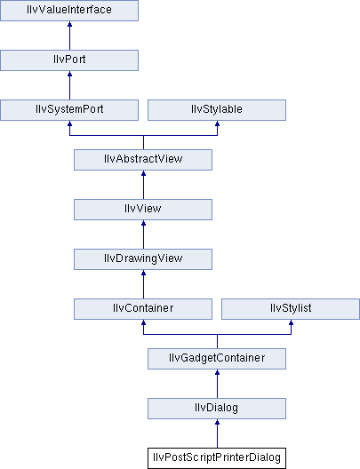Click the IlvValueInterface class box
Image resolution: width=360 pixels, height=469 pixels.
point(69,11)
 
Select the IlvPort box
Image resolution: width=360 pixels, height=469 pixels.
point(69,60)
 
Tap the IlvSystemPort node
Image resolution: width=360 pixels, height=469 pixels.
point(69,110)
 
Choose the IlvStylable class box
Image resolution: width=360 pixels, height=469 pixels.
point(217,110)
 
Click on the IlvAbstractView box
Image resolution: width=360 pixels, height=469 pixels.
point(143,160)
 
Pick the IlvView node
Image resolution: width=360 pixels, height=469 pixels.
point(143,210)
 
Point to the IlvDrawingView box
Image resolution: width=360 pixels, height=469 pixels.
point(143,259)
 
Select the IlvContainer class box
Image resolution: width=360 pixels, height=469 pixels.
point(143,309)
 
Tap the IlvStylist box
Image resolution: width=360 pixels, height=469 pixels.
point(291,309)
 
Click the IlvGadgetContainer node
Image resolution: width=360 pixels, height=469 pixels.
point(217,359)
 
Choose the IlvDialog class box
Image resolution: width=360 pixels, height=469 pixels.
point(217,409)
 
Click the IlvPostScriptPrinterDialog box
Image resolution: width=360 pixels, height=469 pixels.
point(217,458)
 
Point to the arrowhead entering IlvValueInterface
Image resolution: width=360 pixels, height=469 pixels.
point(69,24)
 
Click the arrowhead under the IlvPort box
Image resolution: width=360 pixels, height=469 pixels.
point(69,74)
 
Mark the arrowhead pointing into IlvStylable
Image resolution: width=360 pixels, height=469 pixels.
point(217,123)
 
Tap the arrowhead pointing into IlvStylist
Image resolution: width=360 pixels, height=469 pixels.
point(291,322)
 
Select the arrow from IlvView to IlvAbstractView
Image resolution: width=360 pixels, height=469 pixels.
point(143,185)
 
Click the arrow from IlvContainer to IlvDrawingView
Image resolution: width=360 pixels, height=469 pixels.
point(143,284)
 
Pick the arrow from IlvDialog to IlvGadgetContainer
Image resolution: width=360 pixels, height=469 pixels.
point(217,384)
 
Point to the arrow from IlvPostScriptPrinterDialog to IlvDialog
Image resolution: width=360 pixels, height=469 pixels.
point(217,433)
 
